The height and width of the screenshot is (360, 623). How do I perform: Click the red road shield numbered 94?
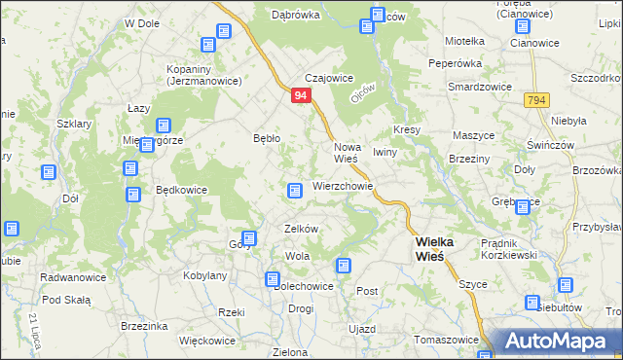click(301, 95)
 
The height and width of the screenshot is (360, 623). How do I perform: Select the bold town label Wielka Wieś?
click(429, 248)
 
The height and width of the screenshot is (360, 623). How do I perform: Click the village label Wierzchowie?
click(343, 185)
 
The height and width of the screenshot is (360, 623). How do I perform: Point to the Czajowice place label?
click(328, 78)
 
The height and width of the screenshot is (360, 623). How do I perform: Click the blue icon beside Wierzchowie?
click(294, 190)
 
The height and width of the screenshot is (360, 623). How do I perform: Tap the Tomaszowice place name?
click(446, 340)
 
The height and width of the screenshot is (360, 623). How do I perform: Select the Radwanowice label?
click(66, 277)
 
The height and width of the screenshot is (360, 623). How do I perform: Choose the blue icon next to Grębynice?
click(523, 207)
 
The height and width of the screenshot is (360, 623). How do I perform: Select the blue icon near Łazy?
click(163, 126)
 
